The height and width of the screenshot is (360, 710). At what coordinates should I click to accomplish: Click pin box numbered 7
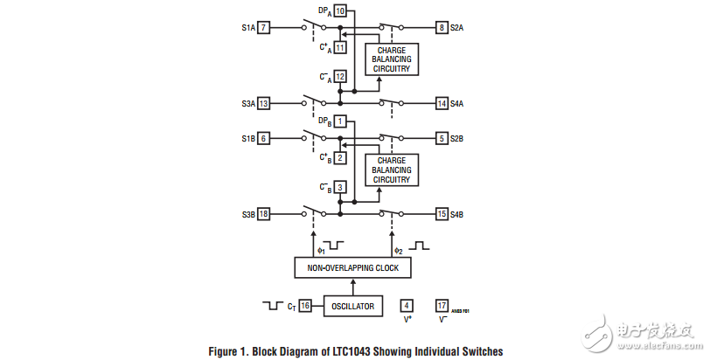(263, 28)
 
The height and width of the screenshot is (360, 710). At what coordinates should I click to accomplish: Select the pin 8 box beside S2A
(442, 28)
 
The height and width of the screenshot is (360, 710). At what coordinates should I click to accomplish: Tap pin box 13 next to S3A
(263, 103)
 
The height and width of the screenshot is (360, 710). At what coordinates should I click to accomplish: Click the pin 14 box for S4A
(442, 103)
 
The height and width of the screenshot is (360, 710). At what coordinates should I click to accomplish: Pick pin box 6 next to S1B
(263, 138)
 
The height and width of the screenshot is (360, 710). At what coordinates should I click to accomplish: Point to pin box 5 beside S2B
(442, 138)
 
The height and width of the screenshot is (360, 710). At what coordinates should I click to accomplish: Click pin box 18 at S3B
(263, 213)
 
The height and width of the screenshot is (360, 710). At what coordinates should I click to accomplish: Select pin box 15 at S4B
(442, 213)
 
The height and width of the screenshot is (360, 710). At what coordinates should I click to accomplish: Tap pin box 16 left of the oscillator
(305, 306)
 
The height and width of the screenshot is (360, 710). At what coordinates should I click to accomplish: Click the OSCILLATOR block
(352, 306)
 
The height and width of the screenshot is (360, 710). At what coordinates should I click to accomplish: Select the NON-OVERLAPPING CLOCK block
(352, 268)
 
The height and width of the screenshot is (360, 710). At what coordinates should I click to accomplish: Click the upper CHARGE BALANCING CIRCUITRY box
(393, 58)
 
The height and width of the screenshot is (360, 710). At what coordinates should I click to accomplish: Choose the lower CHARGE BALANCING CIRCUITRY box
(393, 170)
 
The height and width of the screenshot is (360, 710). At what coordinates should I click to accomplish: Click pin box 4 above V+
(407, 306)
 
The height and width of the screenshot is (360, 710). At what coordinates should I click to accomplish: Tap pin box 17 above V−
(442, 306)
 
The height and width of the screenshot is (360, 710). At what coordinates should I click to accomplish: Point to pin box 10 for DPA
(339, 10)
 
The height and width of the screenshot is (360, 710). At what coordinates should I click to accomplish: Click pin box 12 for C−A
(339, 76)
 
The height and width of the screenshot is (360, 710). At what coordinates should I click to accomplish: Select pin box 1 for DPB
(339, 121)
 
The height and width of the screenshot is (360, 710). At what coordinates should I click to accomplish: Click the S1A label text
(248, 28)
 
